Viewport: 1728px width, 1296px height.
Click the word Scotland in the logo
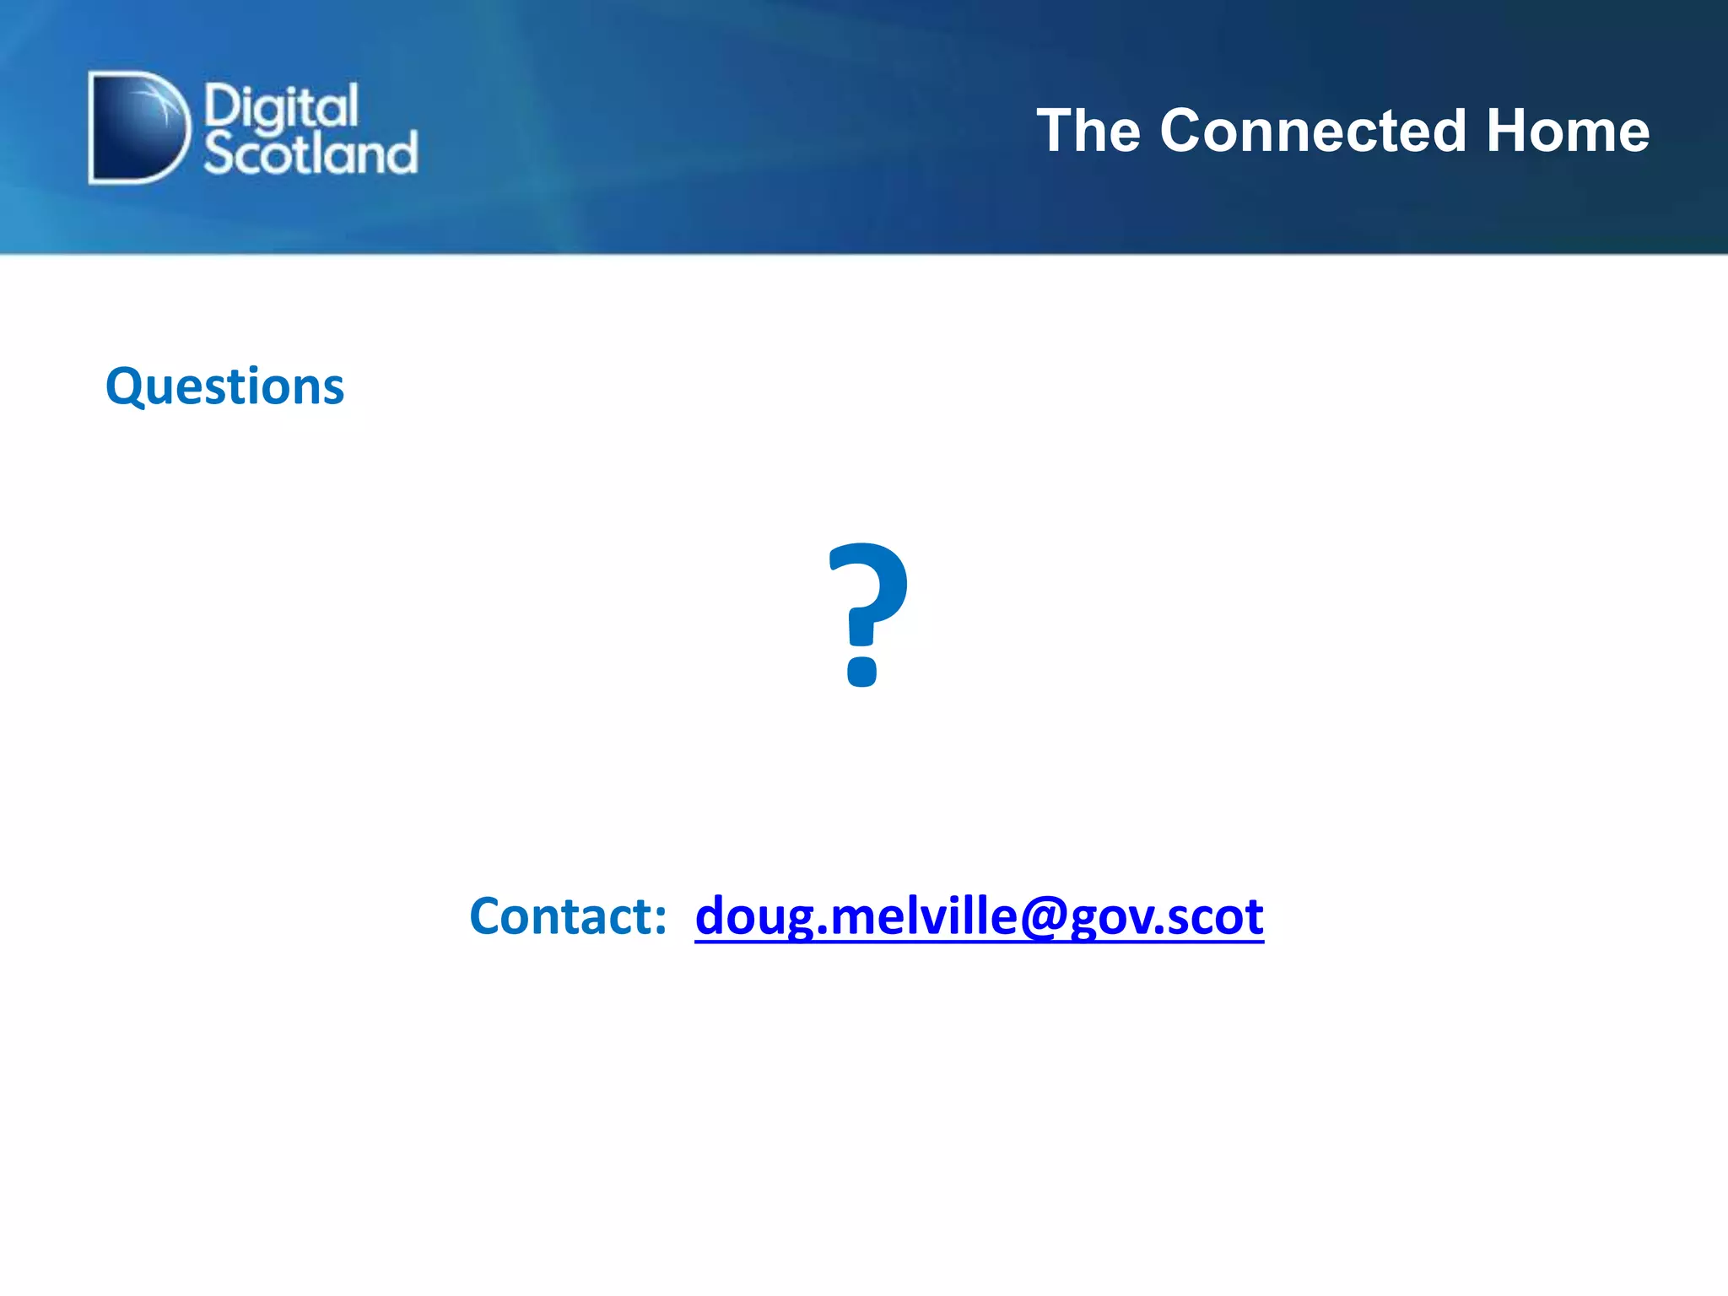[x=310, y=154]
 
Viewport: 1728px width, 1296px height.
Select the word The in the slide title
[x=1088, y=132]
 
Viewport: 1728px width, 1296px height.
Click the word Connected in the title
[x=1313, y=132]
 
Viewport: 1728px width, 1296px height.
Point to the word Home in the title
[x=1567, y=132]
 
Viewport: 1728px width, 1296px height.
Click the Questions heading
[x=224, y=387]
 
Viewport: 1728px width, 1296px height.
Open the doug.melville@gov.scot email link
[x=979, y=917]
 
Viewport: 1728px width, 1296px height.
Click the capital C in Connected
[x=1184, y=132]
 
